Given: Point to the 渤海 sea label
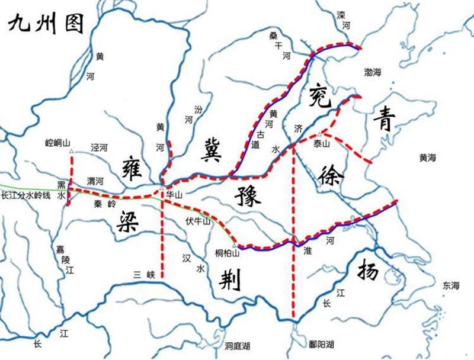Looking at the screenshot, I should (375, 72).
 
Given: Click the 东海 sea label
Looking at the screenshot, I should (451, 285).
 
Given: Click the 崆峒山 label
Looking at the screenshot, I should (58, 143).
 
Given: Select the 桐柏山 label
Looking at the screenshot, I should (228, 253).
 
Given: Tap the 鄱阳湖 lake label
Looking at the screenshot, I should (322, 344).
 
